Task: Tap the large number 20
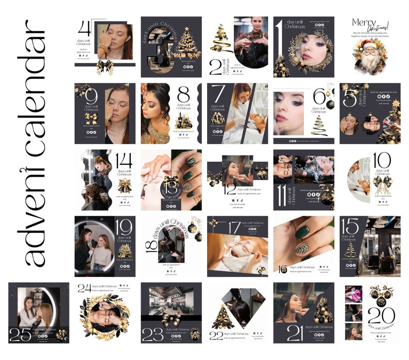click(381, 315)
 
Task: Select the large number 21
click(295, 333)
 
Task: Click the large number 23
click(153, 334)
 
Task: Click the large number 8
click(184, 96)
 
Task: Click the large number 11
click(282, 193)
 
